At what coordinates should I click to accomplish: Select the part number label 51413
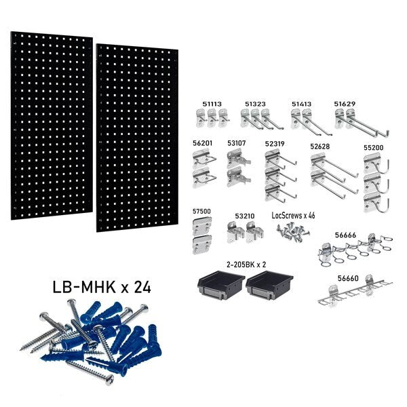302,103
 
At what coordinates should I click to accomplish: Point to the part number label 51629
345,103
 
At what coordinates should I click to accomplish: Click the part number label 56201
203,144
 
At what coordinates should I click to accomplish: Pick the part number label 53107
237,144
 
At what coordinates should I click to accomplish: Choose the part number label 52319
275,144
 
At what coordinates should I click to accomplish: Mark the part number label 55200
373,146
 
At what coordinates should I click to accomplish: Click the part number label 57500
202,212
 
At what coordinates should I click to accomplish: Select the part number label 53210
244,216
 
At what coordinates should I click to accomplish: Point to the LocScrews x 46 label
293,215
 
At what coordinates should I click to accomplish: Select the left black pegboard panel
52,126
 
